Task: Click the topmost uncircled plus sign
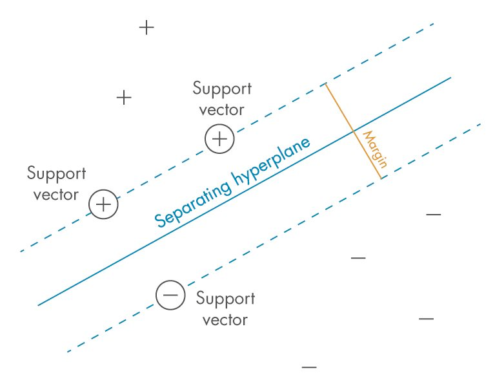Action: (x=146, y=28)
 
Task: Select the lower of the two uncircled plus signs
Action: (x=124, y=98)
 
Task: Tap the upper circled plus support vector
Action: (x=219, y=139)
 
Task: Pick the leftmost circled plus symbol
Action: (x=103, y=205)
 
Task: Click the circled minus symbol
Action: (x=170, y=295)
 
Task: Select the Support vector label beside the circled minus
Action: (x=225, y=309)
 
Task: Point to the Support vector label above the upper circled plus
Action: (x=222, y=98)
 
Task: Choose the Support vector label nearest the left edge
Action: (x=56, y=184)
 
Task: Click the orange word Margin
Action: (x=375, y=149)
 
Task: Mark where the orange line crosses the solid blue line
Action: (x=353, y=132)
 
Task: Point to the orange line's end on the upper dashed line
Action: (x=325, y=85)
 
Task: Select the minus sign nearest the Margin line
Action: (x=433, y=214)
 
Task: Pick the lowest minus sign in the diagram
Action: (x=309, y=367)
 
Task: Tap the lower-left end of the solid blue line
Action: (x=39, y=305)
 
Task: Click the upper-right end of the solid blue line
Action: (x=450, y=77)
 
